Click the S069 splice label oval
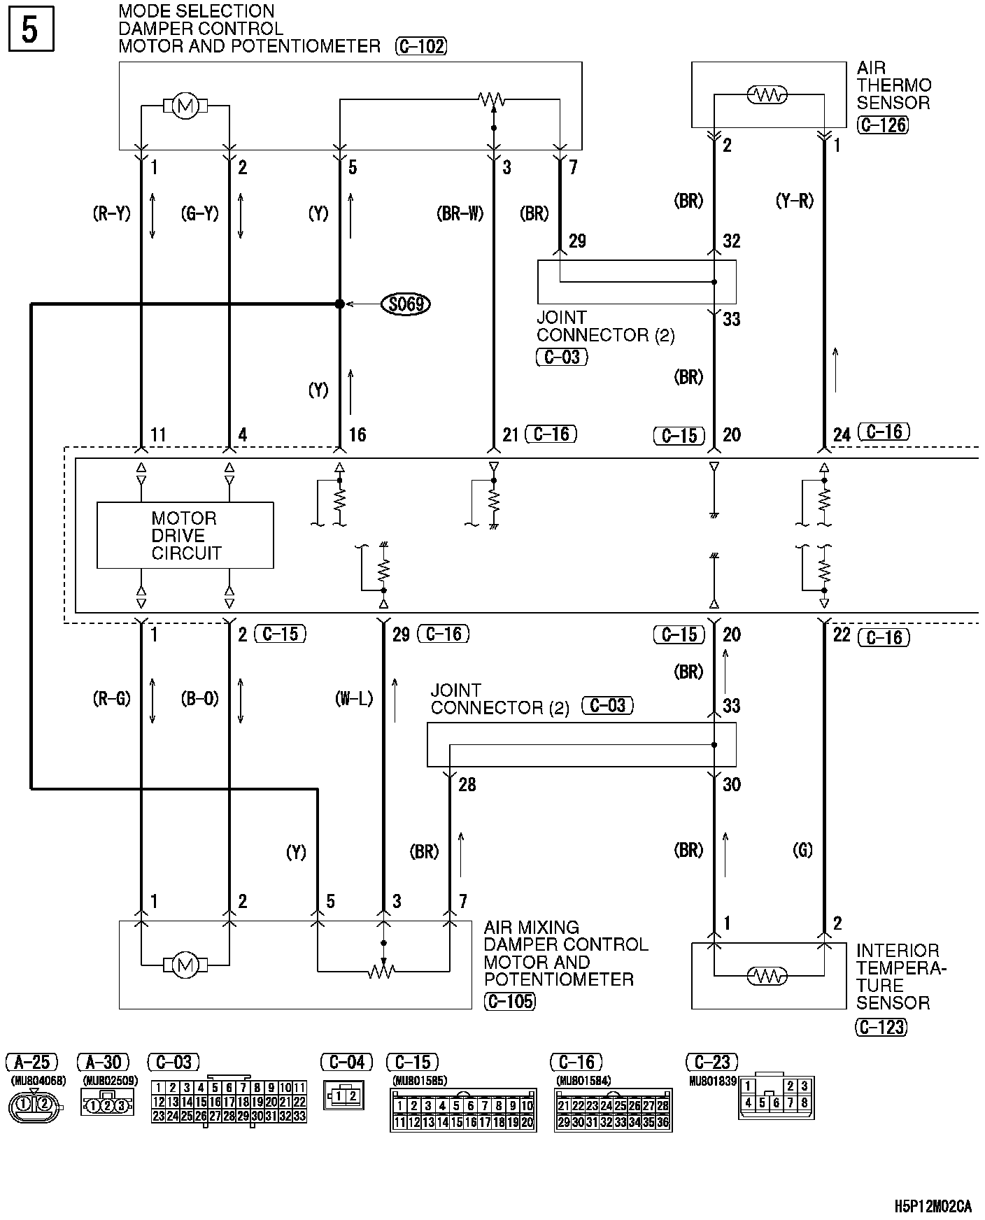click(406, 304)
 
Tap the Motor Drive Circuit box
click(185, 535)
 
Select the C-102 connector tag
click(420, 47)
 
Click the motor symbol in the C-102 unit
click(185, 106)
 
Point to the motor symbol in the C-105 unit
click(185, 965)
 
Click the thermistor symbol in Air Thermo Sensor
click(767, 94)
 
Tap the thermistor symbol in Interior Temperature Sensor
click(767, 975)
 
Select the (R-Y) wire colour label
click(112, 213)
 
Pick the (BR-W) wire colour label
click(460, 213)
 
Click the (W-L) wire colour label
click(354, 698)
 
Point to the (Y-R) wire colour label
click(795, 201)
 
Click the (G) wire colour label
click(802, 850)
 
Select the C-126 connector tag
click(882, 125)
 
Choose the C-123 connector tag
click(881, 1027)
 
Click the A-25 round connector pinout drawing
click(34, 1105)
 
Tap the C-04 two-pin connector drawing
click(344, 1095)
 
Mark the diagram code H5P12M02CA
click(933, 1206)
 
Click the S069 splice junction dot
click(339, 304)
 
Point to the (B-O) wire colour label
click(200, 698)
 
